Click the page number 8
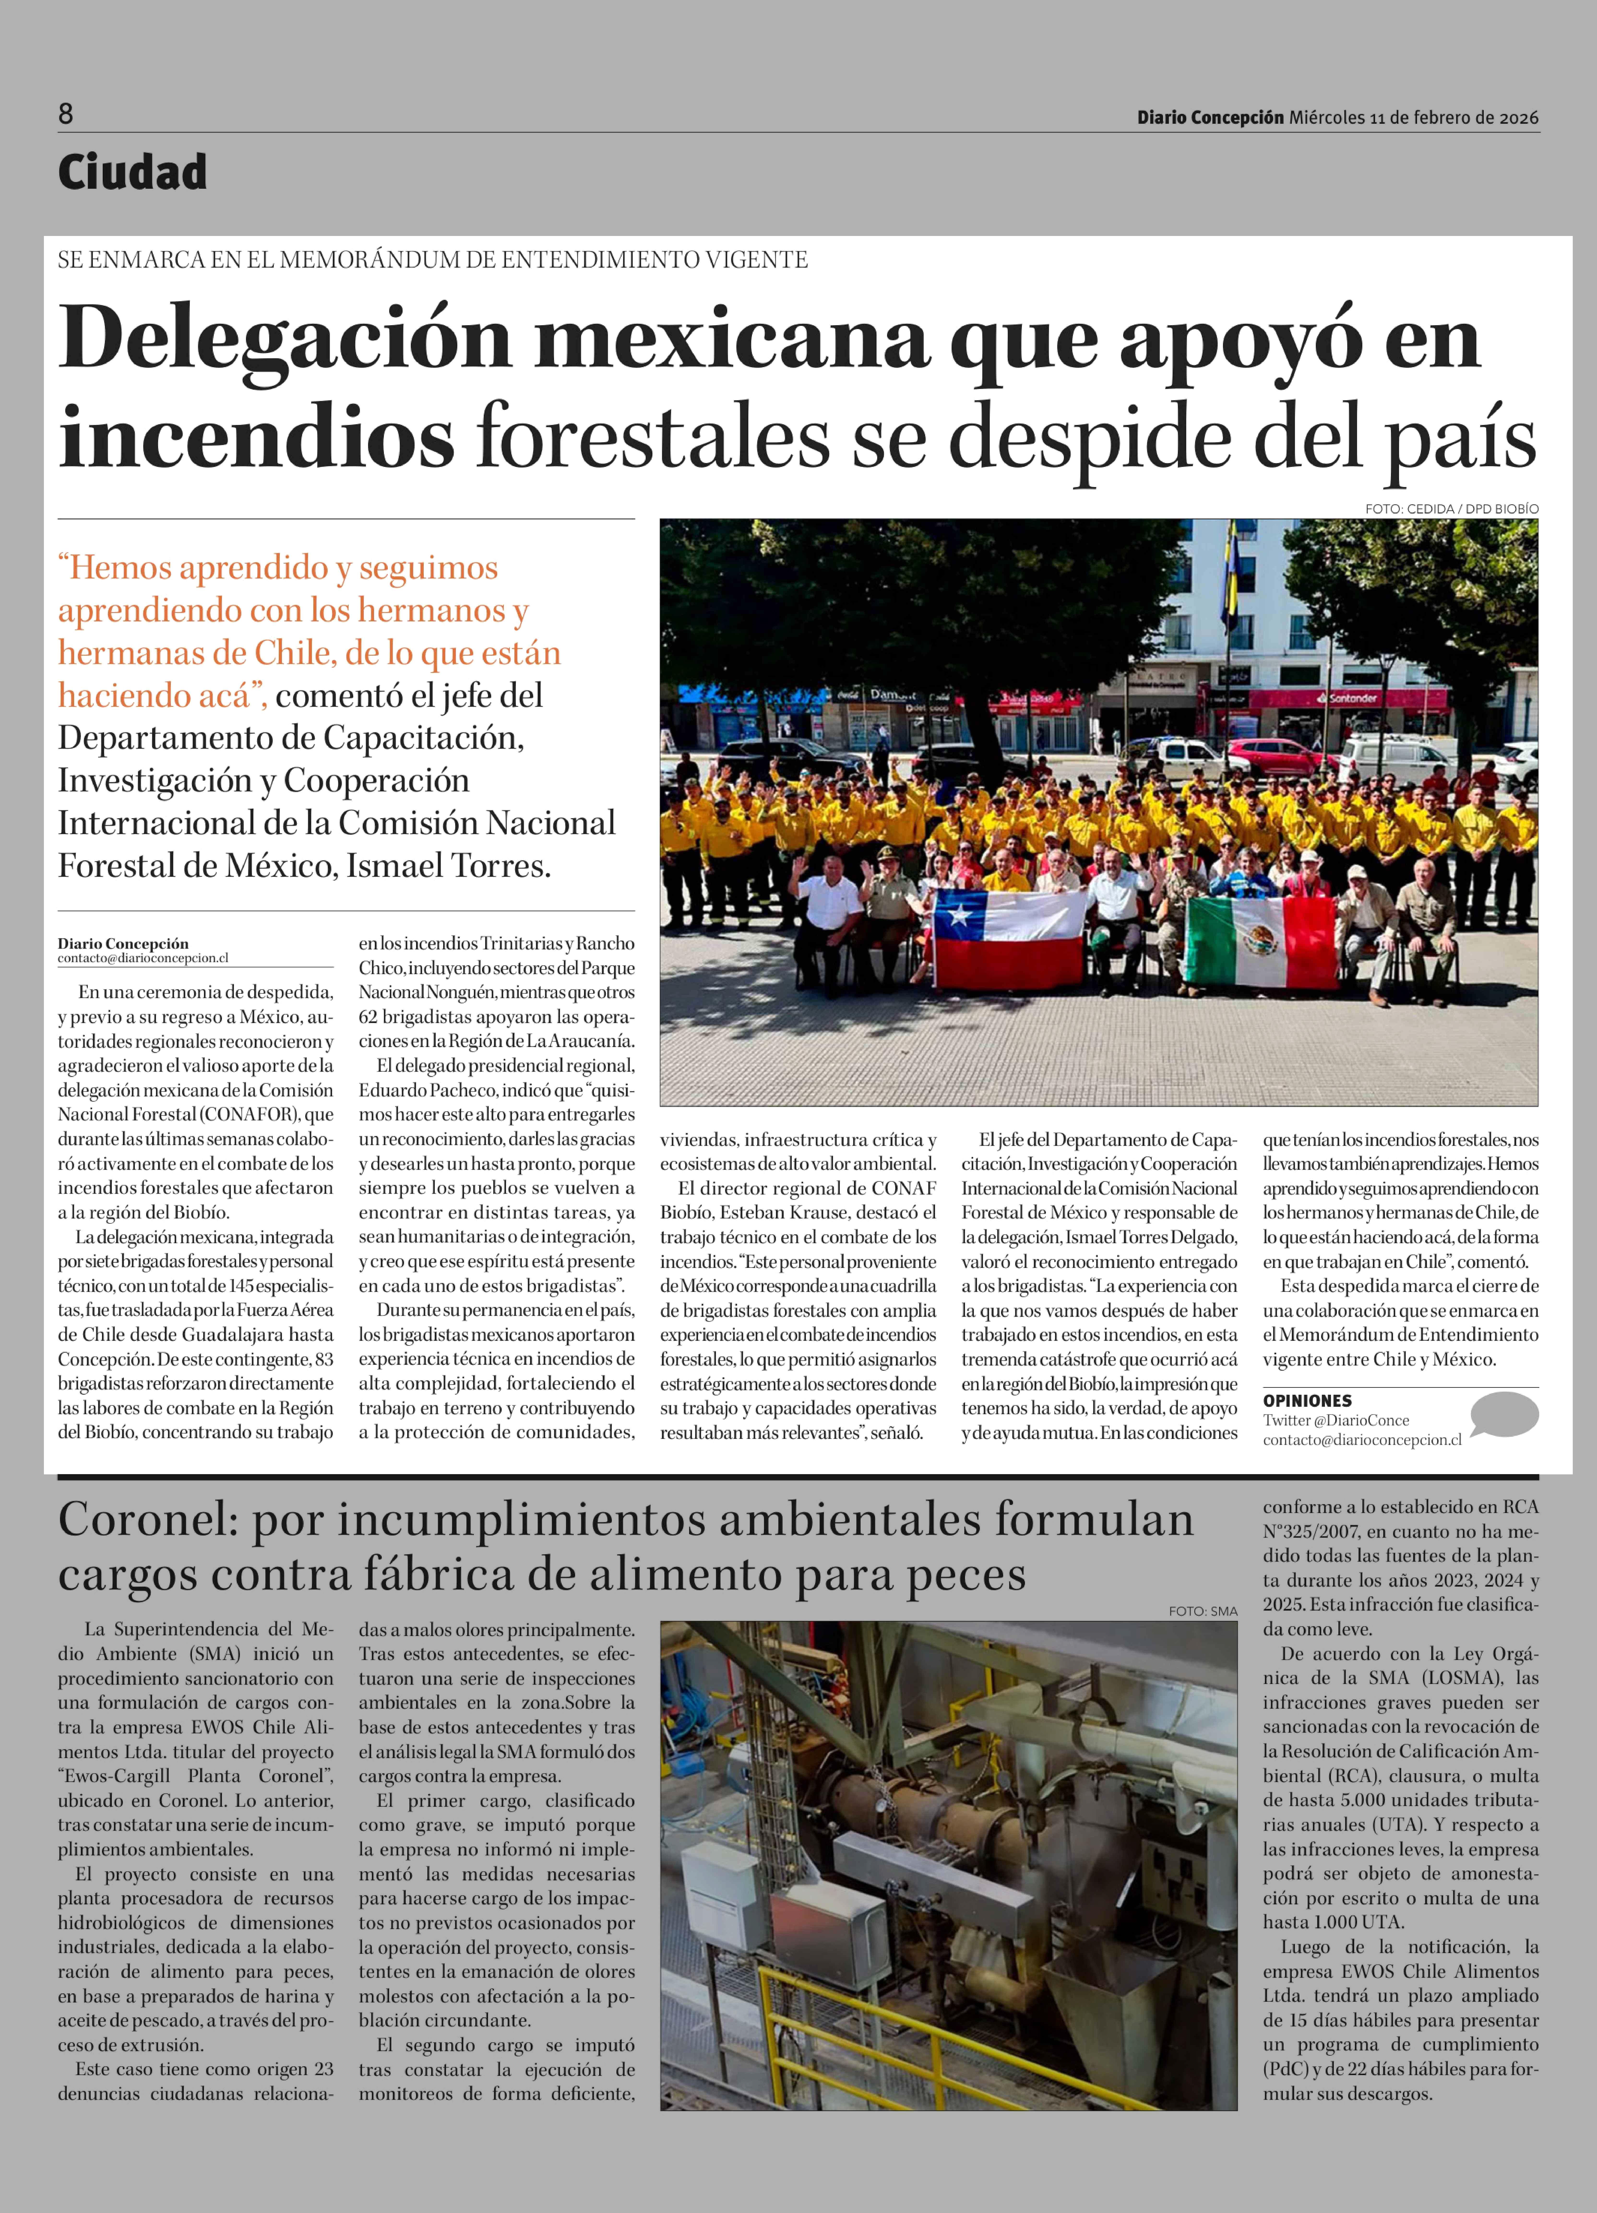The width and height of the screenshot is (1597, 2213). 66,114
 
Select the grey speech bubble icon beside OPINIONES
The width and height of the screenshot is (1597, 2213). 1503,1414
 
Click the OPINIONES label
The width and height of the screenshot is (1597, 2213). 1307,1400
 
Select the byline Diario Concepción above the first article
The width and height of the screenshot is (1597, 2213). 123,944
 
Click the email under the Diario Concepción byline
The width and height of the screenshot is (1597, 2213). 143,958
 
